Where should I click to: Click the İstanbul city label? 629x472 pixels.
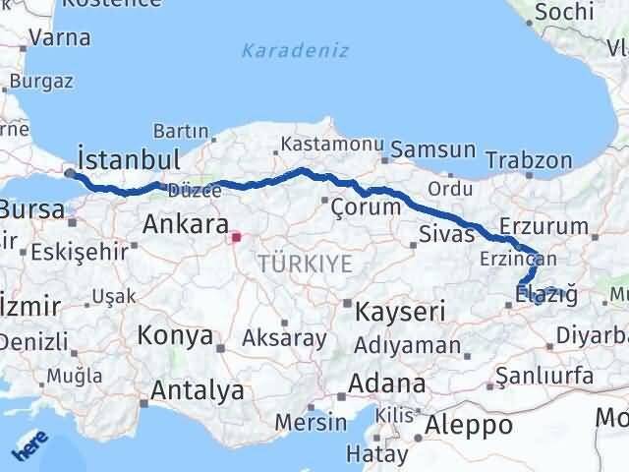coord(128,159)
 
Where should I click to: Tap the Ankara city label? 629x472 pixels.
coord(186,224)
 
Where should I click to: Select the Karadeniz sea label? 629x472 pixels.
coord(295,50)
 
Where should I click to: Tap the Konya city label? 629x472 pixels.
coord(175,335)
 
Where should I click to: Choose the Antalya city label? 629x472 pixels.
coord(197,390)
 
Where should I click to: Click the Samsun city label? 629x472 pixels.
coord(433,150)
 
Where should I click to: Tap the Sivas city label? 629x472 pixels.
coord(446,234)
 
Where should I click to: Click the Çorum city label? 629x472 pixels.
coord(366,206)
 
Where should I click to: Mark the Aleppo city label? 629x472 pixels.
coord(464,426)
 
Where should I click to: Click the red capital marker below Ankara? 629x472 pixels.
coord(235,236)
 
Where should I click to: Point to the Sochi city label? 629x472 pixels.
coord(561,12)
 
